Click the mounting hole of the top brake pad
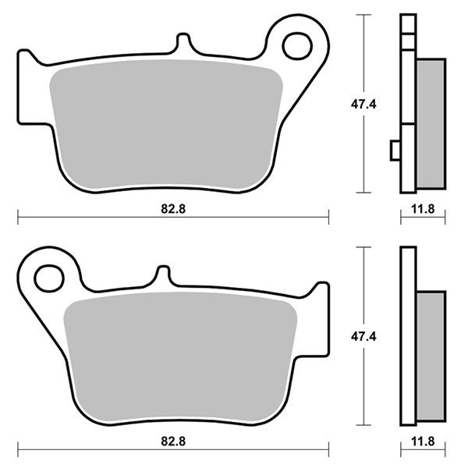[x=297, y=46]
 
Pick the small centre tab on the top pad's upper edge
[x=183, y=42]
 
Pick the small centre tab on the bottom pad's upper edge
[x=164, y=275]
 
